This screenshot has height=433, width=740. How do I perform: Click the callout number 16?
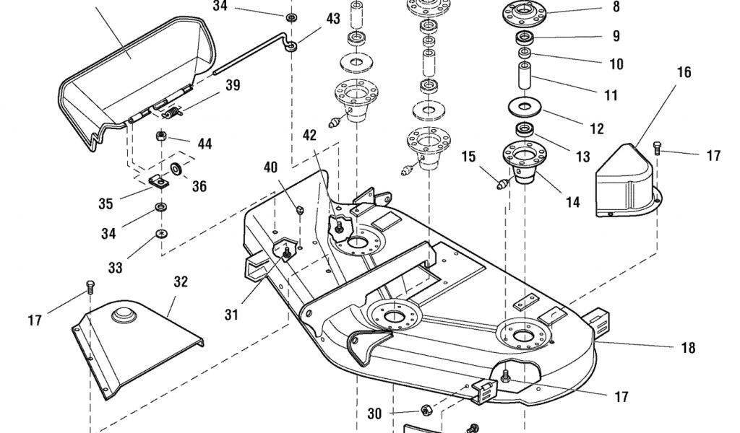[684, 72]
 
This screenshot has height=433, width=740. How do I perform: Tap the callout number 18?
[689, 348]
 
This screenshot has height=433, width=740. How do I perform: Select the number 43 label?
[333, 19]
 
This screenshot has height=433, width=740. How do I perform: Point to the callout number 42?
[309, 135]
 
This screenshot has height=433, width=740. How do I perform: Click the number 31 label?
[231, 314]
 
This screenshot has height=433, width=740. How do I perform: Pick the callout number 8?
[616, 6]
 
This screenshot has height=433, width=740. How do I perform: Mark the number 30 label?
[374, 414]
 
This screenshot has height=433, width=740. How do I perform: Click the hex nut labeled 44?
[161, 136]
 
